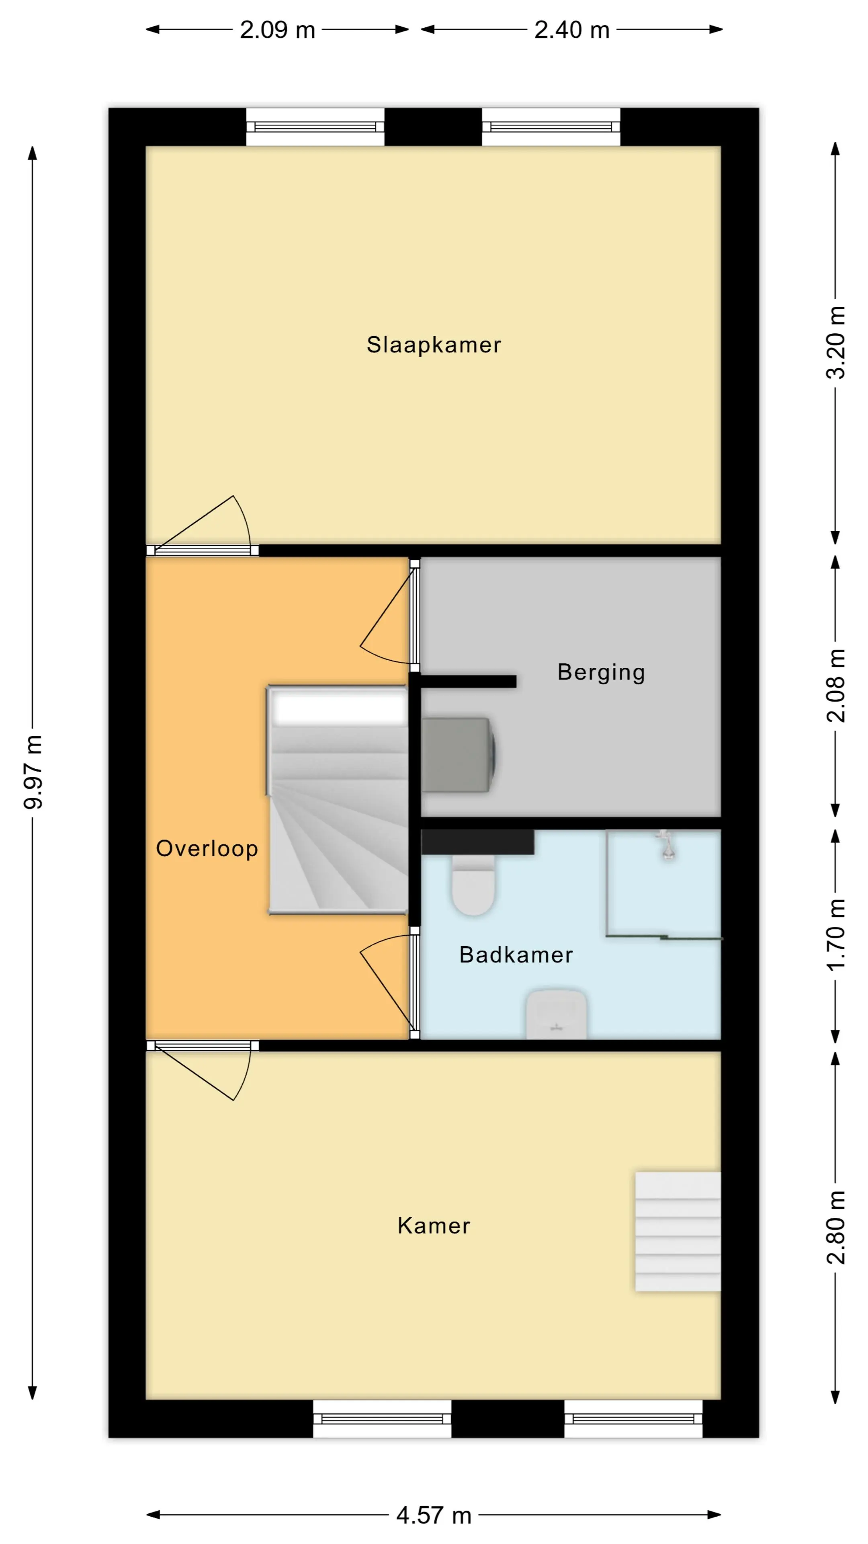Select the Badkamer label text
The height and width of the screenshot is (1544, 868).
516,955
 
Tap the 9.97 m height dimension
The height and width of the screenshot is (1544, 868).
33,772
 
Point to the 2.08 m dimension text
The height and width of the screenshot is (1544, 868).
836,686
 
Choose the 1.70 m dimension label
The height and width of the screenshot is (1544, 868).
836,935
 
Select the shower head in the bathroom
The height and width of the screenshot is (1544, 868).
667,845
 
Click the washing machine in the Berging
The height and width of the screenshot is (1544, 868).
458,755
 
